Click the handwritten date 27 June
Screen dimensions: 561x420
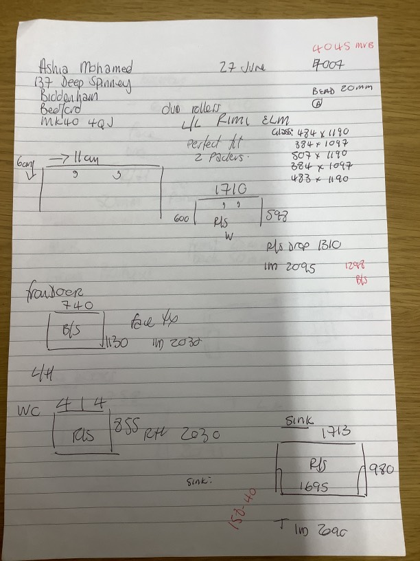[242, 67]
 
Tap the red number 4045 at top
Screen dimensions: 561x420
[332, 48]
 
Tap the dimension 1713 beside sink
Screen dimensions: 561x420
[337, 432]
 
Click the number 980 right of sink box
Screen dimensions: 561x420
[381, 471]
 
